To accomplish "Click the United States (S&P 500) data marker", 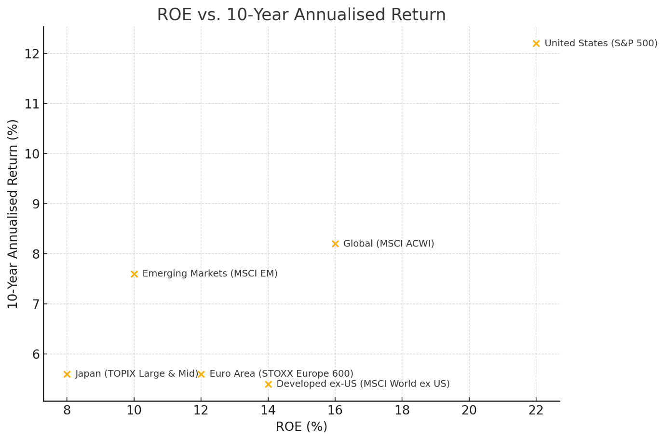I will pyautogui.click(x=536, y=43).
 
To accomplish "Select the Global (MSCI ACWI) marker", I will pyautogui.click(x=335, y=244).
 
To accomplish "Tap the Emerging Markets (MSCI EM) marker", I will pyautogui.click(x=134, y=274).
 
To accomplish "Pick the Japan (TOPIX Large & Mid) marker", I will pyautogui.click(x=67, y=374).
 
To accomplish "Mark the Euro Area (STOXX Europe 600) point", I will pyautogui.click(x=201, y=374).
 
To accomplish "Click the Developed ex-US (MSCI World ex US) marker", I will pyautogui.click(x=268, y=384).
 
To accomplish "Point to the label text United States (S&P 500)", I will pyautogui.click(x=601, y=43).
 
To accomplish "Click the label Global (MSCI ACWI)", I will pyautogui.click(x=389, y=244).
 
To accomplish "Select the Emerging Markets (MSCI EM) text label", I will pyautogui.click(x=210, y=274).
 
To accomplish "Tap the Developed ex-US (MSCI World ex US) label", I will pyautogui.click(x=363, y=384).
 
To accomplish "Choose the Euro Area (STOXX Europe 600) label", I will pyautogui.click(x=281, y=374).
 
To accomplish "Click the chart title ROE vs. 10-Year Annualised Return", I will pyautogui.click(x=301, y=14).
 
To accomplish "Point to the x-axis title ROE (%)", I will pyautogui.click(x=301, y=427).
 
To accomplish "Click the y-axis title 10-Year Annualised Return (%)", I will pyautogui.click(x=13, y=214).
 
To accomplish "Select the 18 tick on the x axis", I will pyautogui.click(x=402, y=411).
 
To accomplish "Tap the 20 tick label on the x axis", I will pyautogui.click(x=469, y=411).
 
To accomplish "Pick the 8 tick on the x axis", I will pyautogui.click(x=67, y=411).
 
